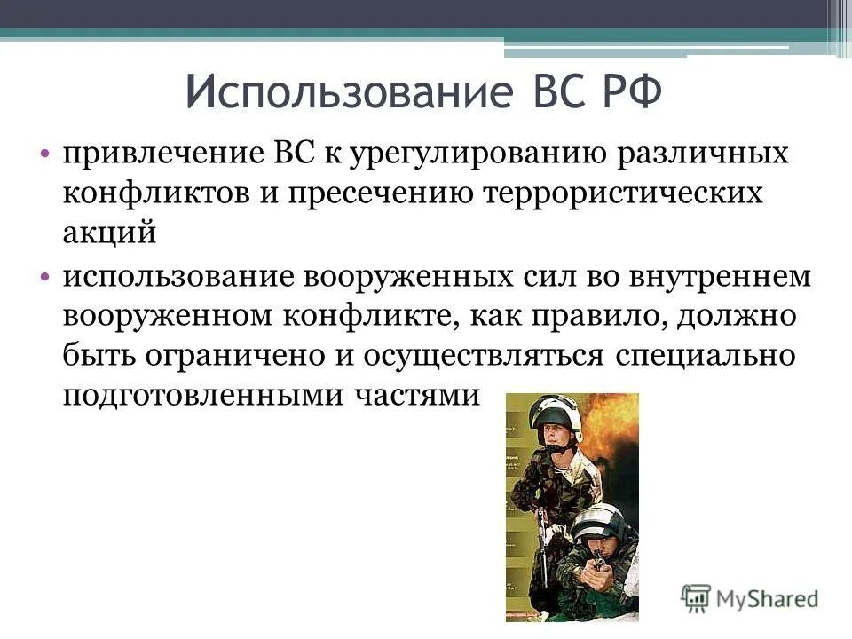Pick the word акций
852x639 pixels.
109,233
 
